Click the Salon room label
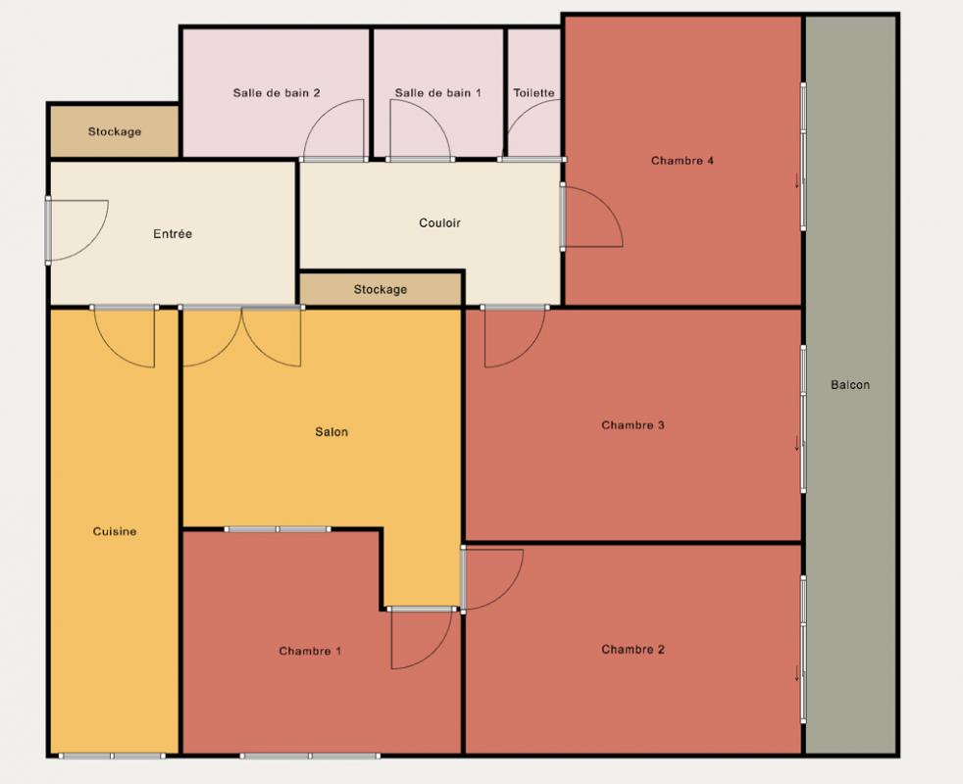click(x=331, y=432)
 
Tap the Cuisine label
click(x=115, y=532)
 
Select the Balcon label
click(x=850, y=385)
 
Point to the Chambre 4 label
click(x=683, y=161)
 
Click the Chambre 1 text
click(x=310, y=651)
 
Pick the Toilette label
click(x=534, y=93)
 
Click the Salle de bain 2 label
click(x=277, y=93)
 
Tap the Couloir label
click(x=439, y=222)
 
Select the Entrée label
click(x=173, y=234)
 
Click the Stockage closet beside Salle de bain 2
click(x=114, y=131)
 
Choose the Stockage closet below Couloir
click(x=380, y=289)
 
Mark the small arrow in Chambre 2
click(x=798, y=673)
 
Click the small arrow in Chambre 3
click(x=798, y=443)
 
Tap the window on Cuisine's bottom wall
click(x=113, y=756)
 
